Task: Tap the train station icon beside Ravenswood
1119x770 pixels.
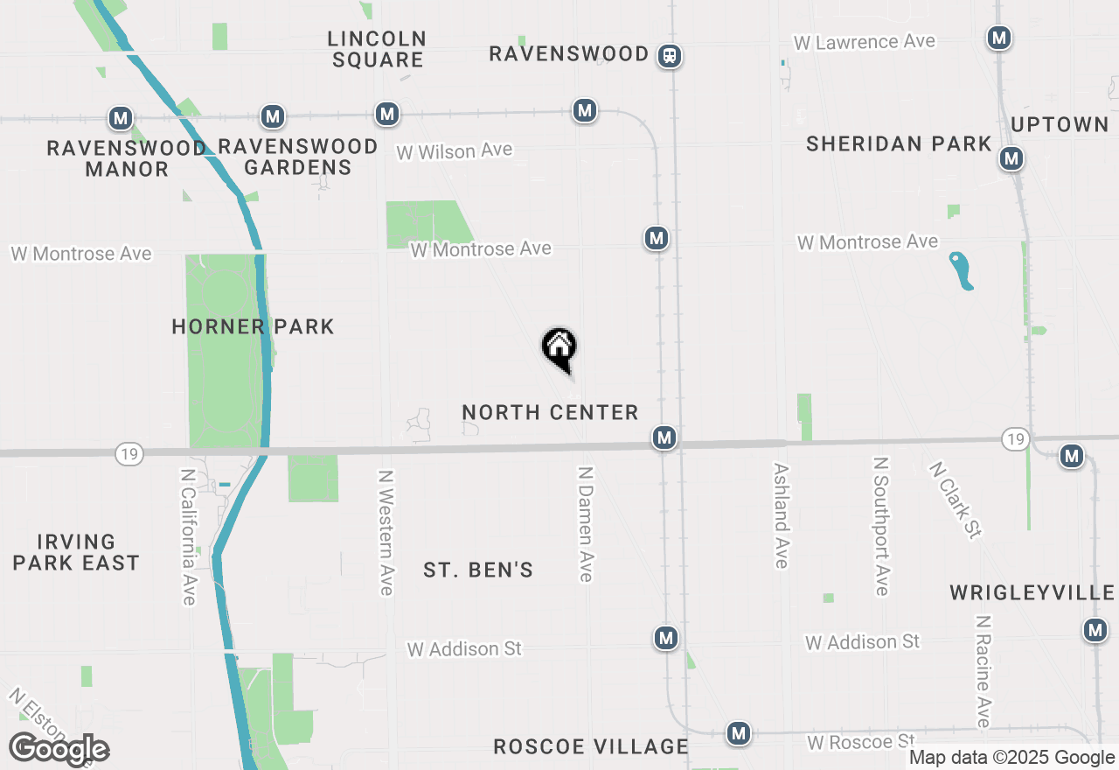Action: click(x=671, y=56)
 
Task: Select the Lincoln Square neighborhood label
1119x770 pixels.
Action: click(x=378, y=49)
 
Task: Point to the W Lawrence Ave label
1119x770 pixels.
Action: click(x=864, y=42)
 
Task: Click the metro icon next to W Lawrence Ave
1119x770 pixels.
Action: click(x=999, y=38)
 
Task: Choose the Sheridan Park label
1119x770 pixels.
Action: click(x=899, y=144)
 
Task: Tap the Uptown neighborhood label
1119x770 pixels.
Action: click(x=1060, y=124)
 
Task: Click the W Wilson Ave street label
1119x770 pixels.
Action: click(x=454, y=151)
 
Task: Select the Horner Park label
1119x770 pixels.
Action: click(x=253, y=327)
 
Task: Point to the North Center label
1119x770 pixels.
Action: click(x=550, y=412)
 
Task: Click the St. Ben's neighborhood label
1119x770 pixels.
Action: click(x=478, y=570)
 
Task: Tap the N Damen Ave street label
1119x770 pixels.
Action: click(x=586, y=523)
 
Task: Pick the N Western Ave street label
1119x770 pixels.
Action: click(x=386, y=532)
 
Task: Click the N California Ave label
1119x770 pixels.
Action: click(x=188, y=536)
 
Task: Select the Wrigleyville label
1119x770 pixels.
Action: click(x=1032, y=593)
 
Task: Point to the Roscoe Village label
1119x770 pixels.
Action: click(x=591, y=746)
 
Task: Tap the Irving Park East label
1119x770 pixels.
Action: click(x=76, y=552)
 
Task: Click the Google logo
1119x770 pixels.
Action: click(x=59, y=749)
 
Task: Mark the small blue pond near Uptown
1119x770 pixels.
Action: click(x=961, y=270)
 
